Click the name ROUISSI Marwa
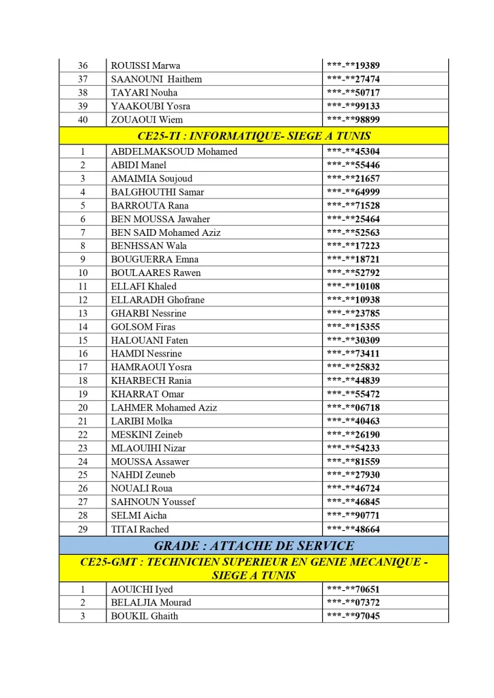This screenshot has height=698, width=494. [x=145, y=65]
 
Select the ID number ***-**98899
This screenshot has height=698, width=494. [x=353, y=119]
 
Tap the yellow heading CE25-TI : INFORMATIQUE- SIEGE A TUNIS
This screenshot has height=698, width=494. [x=254, y=136]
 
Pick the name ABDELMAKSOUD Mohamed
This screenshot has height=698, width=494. [x=174, y=151]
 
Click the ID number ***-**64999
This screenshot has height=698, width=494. [x=353, y=192]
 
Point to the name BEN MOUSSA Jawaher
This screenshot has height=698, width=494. [x=160, y=219]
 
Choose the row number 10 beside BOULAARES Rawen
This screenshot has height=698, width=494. [x=83, y=273]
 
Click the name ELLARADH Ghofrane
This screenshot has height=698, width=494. [x=158, y=300]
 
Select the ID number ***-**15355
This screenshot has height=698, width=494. [x=353, y=327]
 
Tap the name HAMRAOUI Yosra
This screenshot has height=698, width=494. [x=151, y=367]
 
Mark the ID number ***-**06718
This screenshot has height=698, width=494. [x=353, y=408]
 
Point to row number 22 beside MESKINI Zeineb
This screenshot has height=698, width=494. [x=83, y=435]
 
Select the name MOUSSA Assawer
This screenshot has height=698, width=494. [x=150, y=461]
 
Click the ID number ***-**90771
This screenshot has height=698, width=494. [x=353, y=515]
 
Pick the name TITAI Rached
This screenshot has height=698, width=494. [x=140, y=529]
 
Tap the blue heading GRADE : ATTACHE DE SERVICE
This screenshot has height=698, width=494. [x=254, y=545]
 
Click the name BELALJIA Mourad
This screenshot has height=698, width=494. [x=151, y=603]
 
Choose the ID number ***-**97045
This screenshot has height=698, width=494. [x=353, y=616]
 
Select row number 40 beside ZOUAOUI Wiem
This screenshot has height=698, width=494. [x=83, y=119]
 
